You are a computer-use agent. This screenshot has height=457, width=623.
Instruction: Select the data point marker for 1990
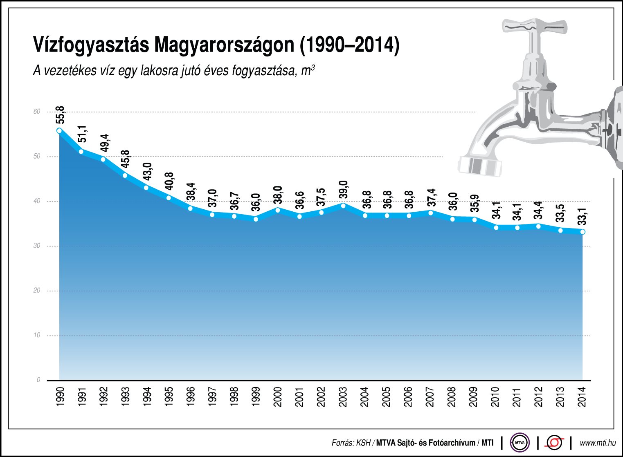pos(59,131)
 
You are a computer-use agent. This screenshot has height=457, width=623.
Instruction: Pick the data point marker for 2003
pos(343,206)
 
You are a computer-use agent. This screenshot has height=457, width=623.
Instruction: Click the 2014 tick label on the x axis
pos(582,397)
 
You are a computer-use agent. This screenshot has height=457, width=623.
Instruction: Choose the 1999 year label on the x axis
pos(256,397)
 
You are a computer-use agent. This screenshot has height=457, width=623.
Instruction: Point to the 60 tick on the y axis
pos(37,112)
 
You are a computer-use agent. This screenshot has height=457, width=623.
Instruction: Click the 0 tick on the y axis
pos(38,380)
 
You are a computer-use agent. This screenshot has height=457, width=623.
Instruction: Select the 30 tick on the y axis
pos(37,246)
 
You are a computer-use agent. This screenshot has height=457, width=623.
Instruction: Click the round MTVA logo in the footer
pos(520,442)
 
